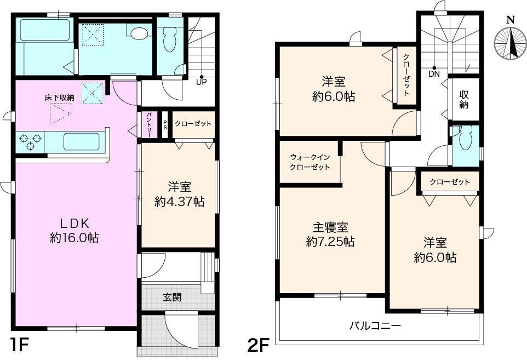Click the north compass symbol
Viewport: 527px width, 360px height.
(510, 43)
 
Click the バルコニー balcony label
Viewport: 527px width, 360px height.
(375, 325)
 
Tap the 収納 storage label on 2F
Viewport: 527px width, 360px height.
(463, 99)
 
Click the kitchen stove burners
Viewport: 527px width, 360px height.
(30, 142)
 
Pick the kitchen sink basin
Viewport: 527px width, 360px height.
(81, 142)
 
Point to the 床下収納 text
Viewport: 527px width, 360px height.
(59, 98)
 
